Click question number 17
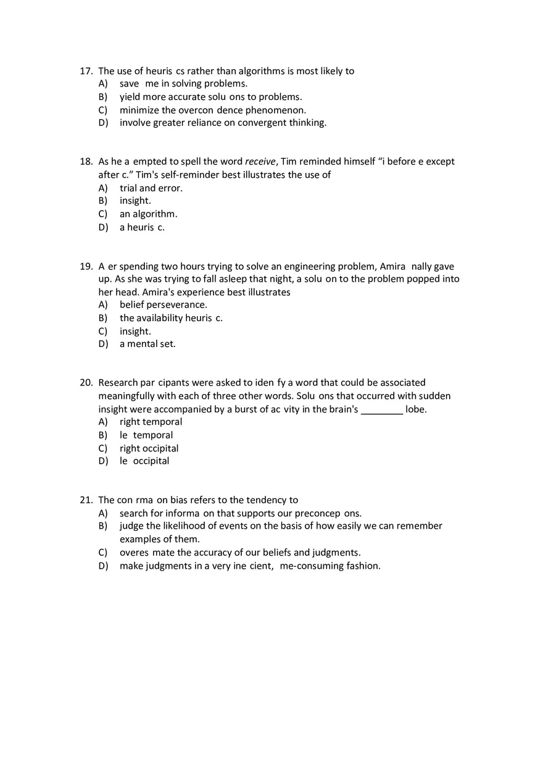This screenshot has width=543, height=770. point(86,71)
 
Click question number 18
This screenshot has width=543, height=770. point(86,162)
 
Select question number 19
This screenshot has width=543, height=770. point(86,267)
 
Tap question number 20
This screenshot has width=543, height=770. point(86,383)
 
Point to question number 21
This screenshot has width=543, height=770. point(86,500)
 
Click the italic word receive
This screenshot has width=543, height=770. point(261,162)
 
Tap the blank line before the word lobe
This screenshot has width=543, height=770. point(381,409)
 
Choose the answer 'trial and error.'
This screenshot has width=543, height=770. point(151,188)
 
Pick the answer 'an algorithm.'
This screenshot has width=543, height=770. point(148,214)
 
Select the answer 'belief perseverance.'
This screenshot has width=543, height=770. point(164,305)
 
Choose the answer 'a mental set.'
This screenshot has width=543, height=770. point(147,344)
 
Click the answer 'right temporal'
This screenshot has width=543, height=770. point(151,422)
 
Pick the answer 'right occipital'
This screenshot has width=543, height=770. point(149,449)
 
